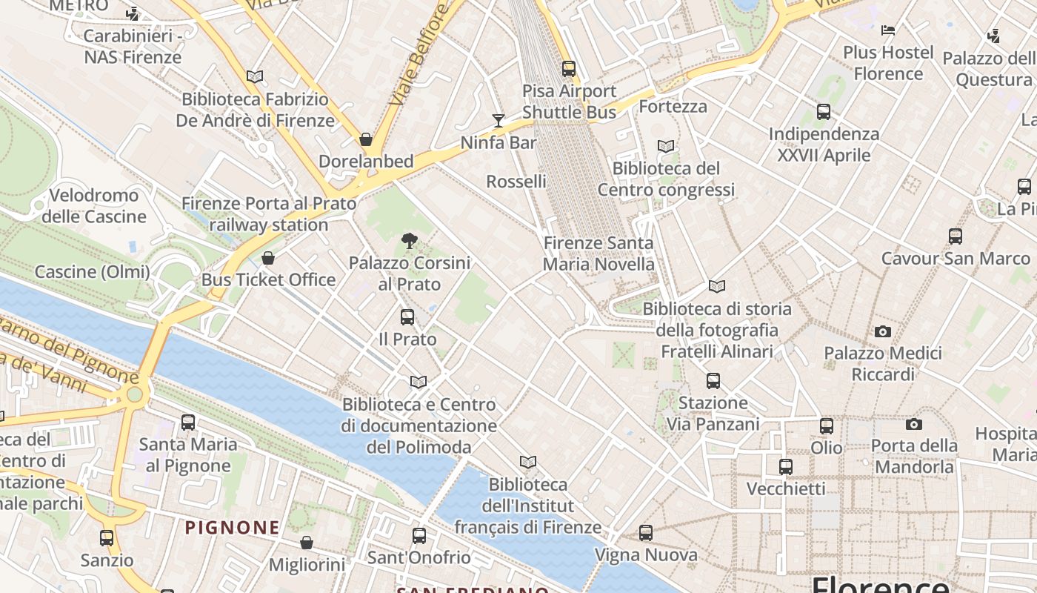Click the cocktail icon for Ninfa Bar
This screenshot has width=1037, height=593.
click(499, 120)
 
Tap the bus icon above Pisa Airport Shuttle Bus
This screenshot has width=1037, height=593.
click(569, 69)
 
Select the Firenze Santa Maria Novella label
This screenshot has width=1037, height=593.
click(598, 254)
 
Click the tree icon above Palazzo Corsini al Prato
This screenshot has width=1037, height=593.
click(409, 240)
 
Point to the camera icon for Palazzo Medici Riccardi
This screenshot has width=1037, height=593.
click(883, 331)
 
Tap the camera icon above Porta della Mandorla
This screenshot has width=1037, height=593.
click(914, 424)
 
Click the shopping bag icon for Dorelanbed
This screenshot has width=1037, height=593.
click(365, 139)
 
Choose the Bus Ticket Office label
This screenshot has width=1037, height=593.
click(269, 280)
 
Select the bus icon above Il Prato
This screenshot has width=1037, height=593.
click(407, 317)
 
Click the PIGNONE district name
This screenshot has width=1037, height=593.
click(233, 528)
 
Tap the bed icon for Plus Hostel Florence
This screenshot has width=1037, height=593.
click(888, 30)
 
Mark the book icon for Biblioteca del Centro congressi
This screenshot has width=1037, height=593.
click(666, 147)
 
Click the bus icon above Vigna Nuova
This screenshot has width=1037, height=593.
click(646, 533)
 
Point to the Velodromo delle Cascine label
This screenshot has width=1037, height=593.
click(94, 206)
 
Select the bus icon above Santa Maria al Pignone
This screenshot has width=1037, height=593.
click(188, 423)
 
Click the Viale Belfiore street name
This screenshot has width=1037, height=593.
click(419, 53)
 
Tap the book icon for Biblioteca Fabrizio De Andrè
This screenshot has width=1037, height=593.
click(255, 76)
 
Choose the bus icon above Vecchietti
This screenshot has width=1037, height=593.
click(786, 467)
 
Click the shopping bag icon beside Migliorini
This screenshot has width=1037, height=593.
click(307, 543)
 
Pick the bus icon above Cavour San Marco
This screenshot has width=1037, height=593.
click(956, 236)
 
